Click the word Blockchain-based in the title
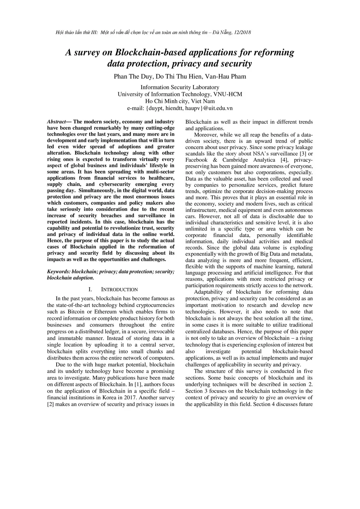point(152,53)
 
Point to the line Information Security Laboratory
point(180,87)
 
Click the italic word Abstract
point(56,122)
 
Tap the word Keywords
point(58,272)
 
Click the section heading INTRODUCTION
point(119,290)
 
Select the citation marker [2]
point(50,404)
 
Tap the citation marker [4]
point(284,160)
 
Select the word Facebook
point(197,160)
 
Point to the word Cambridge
point(235,160)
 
